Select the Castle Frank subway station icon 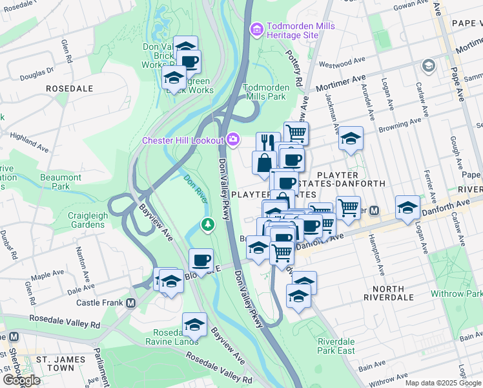[x=131, y=303]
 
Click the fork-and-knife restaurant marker [x=267, y=141]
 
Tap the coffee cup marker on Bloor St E [x=201, y=260]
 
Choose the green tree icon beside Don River [x=207, y=224]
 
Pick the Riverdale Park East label [x=336, y=346]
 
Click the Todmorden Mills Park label [x=264, y=92]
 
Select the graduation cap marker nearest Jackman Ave [x=351, y=138]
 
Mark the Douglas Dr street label [x=32, y=76]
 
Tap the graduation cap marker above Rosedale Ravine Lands [x=194, y=324]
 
